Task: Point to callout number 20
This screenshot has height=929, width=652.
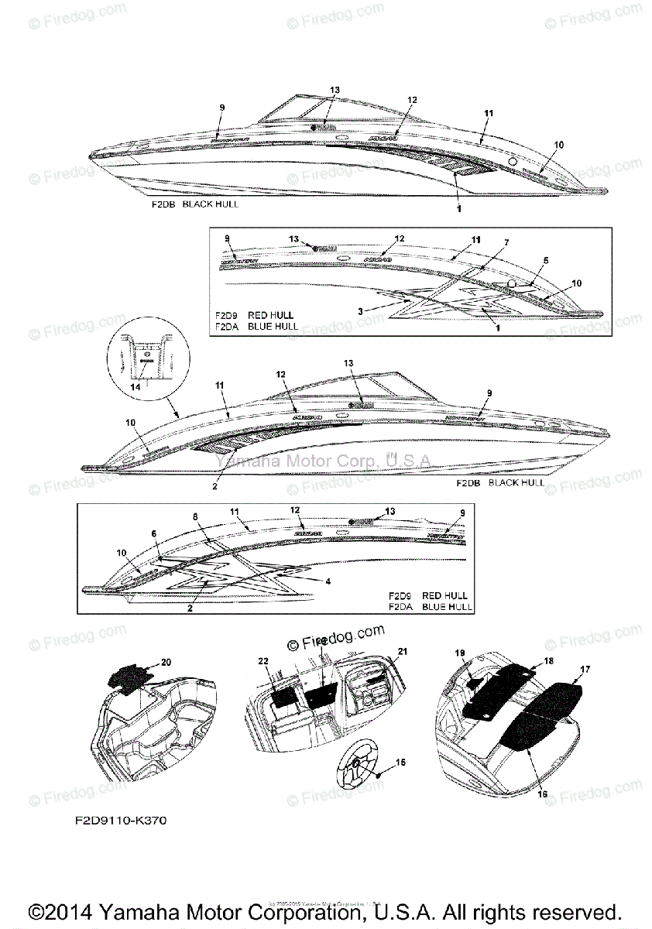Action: pos(165,663)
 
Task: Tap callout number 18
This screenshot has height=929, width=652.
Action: pos(548,662)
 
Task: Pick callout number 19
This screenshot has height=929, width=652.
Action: pos(459,653)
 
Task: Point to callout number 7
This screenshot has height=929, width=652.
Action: pos(506,242)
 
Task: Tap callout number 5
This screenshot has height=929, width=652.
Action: pos(545,261)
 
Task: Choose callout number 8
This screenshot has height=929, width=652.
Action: pos(195,516)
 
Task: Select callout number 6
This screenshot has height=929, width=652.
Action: pos(154,533)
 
